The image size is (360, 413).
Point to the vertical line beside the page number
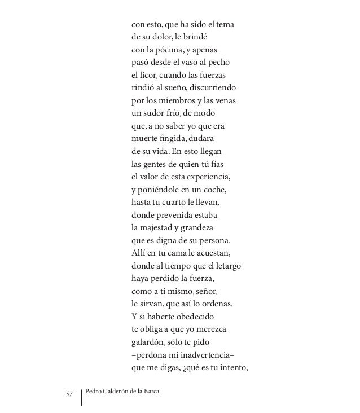(x=82, y=396)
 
